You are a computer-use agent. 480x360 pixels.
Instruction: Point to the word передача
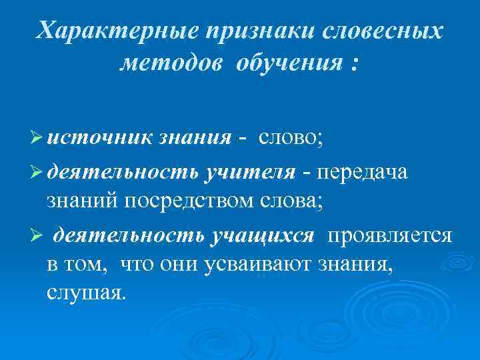pos(368,173)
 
